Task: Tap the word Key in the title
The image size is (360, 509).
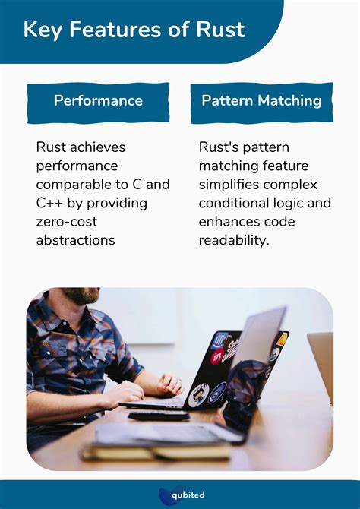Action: click(42, 30)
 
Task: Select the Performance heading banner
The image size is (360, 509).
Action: click(98, 100)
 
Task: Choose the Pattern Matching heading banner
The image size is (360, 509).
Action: click(261, 100)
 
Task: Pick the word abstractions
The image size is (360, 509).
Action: click(75, 239)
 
